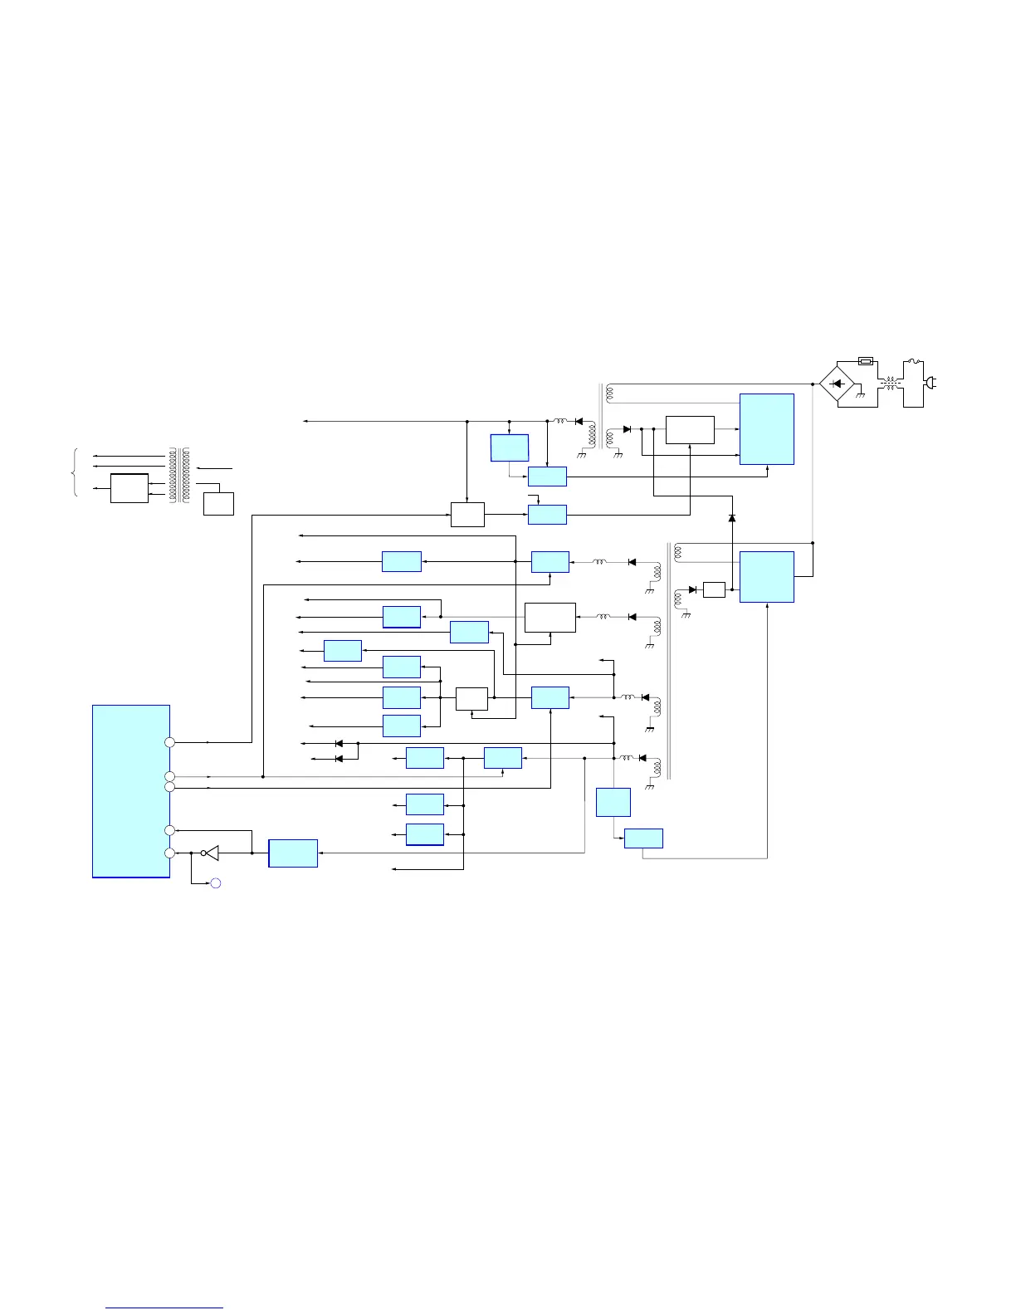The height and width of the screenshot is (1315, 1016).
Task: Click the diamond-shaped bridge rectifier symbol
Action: point(837,384)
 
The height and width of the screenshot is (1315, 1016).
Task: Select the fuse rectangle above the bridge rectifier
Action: point(865,361)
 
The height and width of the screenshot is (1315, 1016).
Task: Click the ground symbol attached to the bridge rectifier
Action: point(861,396)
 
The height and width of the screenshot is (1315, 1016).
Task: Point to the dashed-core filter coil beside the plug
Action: point(891,384)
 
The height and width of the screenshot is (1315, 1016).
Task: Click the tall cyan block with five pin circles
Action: point(131,790)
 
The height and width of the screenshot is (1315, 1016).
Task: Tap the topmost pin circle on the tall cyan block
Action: point(170,741)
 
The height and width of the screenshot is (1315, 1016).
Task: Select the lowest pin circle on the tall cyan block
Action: point(170,853)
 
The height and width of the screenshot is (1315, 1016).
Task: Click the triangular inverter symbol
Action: point(212,853)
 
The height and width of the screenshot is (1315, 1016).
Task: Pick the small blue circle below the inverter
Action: point(215,883)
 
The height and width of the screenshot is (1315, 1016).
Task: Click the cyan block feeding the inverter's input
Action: point(293,853)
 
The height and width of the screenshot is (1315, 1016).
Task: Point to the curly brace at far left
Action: point(76,472)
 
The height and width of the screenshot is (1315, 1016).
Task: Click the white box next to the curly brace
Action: point(129,488)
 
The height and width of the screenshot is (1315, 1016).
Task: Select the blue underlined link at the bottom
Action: point(164,1308)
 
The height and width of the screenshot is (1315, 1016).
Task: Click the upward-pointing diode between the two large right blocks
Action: point(732,518)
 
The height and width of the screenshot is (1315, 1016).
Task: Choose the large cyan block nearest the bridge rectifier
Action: point(766,429)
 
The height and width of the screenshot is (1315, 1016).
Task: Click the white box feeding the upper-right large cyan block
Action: point(690,430)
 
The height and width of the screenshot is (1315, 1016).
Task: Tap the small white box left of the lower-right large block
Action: point(714,589)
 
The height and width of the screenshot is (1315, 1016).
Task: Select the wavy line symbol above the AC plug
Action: point(913,361)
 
